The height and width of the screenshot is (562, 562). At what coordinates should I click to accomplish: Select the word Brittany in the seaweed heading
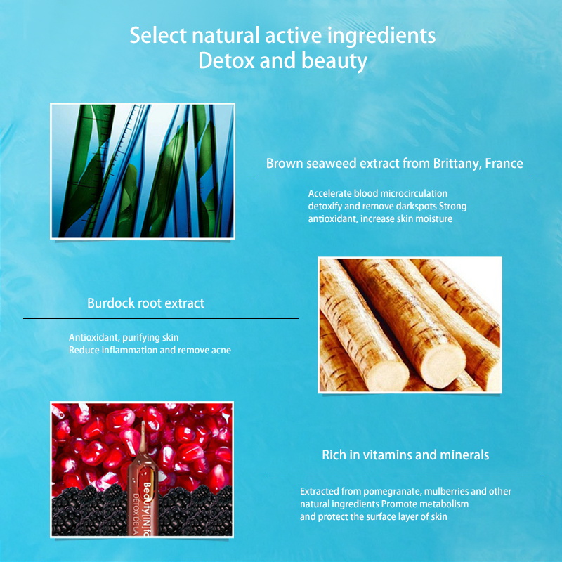(457, 164)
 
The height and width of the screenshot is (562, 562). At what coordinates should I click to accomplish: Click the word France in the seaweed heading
(504, 164)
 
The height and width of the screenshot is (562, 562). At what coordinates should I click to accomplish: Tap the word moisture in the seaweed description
(434, 218)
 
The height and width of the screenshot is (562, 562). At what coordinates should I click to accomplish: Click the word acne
(221, 350)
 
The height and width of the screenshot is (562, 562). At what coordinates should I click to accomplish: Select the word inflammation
(130, 350)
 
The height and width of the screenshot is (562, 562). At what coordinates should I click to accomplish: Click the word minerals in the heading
(464, 455)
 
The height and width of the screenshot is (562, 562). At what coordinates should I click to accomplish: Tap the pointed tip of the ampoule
(143, 423)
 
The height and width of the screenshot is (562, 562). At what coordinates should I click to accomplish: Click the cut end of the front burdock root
(388, 376)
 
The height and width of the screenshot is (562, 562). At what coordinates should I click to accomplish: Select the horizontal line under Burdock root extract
(161, 318)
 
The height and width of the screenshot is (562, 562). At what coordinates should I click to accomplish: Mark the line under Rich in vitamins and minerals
(403, 473)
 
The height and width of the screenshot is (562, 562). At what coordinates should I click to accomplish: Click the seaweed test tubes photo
(143, 171)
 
